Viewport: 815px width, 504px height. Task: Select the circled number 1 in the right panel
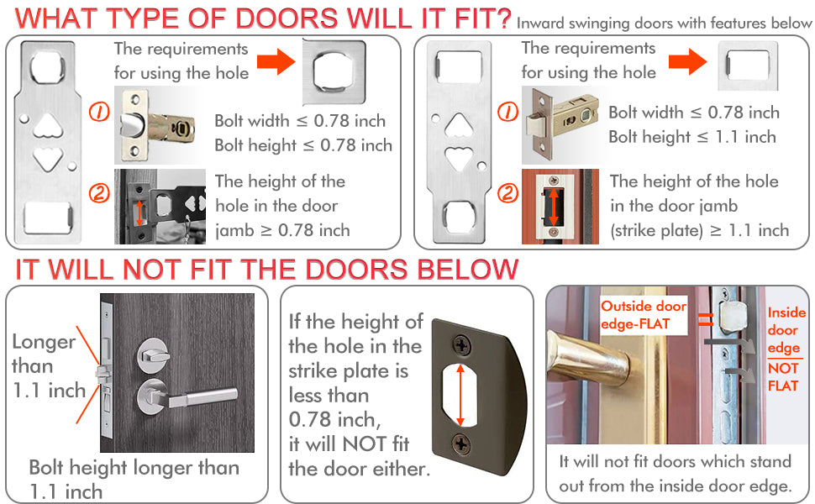coord(507,111)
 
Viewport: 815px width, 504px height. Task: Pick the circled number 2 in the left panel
coord(99,194)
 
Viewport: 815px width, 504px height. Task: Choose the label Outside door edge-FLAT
coord(643,315)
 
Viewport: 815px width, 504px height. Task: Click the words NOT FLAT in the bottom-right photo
coord(783,377)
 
